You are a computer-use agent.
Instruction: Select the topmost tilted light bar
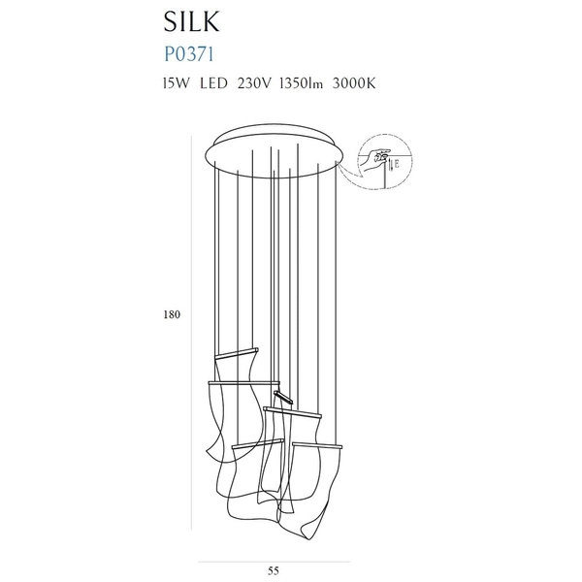(x=237, y=353)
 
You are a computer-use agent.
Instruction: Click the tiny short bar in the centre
(x=283, y=397)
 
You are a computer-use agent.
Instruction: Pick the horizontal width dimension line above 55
(x=275, y=562)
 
